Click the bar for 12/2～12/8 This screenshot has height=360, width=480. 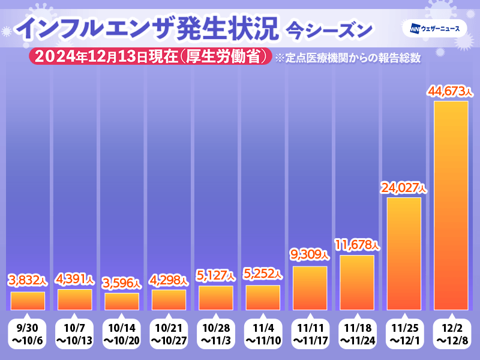click(451, 205)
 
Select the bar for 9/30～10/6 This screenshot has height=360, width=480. click(28, 299)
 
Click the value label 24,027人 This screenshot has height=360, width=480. click(404, 187)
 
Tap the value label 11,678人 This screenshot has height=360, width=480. click(357, 245)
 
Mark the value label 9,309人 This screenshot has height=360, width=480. click(310, 256)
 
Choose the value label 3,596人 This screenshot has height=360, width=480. click(122, 283)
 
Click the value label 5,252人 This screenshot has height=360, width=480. click(263, 275)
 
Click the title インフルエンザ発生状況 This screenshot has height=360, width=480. click(146, 29)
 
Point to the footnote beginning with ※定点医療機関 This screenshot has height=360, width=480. click(346, 58)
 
